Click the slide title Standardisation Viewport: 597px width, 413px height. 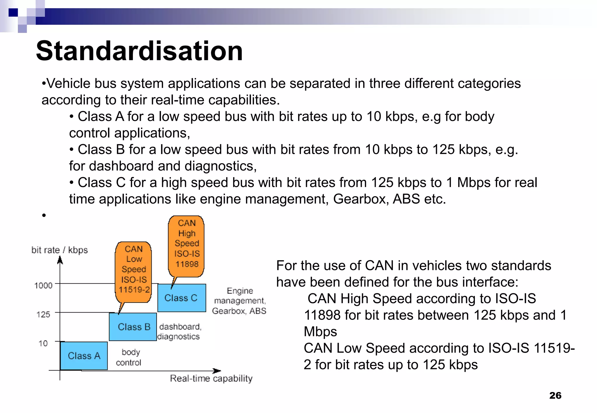[139, 51]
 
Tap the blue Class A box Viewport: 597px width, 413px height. [84, 356]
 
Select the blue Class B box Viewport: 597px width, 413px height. [133, 326]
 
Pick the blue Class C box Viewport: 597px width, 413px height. [181, 298]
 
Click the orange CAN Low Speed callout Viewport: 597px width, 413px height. [134, 269]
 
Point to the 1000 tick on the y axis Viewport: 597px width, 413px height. [43, 285]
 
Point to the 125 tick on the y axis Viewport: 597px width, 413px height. [43, 315]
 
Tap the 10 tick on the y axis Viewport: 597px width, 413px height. [43, 343]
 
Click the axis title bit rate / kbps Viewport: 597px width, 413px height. [59, 250]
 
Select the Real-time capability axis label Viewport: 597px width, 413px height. [211, 378]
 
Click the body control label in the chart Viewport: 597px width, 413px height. [129, 357]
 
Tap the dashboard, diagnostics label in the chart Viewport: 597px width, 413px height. [179, 331]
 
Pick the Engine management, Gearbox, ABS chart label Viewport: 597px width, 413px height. [239, 301]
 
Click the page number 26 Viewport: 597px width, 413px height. [555, 395]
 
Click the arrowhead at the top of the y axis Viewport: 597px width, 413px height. [60, 260]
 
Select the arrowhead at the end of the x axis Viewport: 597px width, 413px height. [217, 371]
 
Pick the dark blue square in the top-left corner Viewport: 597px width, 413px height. [13, 13]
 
